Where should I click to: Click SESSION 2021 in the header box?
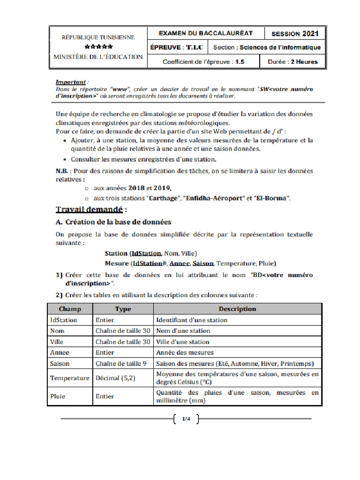click(x=295, y=34)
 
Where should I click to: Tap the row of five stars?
click(x=98, y=47)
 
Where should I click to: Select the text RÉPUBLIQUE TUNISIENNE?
click(x=98, y=37)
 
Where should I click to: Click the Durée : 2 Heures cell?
click(x=292, y=61)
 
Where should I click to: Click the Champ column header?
click(x=70, y=309)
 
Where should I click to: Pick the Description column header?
click(x=237, y=309)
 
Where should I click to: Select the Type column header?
click(x=123, y=309)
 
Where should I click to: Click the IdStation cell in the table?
click(x=64, y=320)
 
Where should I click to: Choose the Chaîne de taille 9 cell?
click(x=121, y=363)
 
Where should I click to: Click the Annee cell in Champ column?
click(x=60, y=352)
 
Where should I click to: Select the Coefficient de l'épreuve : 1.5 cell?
click(x=203, y=61)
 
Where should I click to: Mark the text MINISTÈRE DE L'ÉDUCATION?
click(x=98, y=57)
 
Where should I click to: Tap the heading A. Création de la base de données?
click(x=113, y=222)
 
